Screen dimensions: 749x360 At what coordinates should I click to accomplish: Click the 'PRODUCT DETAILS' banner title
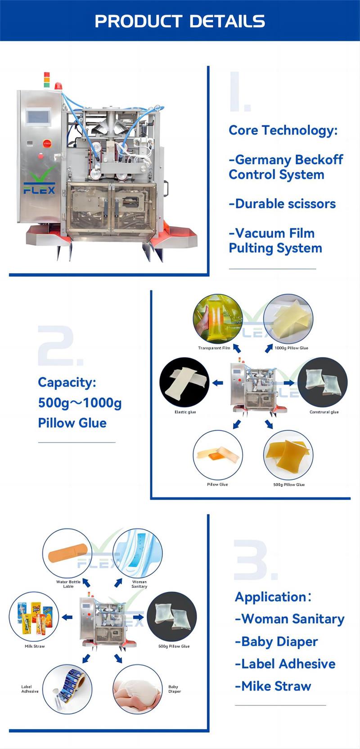tap(180, 21)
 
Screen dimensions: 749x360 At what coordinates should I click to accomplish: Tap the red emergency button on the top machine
tap(47, 144)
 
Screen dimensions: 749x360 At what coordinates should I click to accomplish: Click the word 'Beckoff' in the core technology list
tap(318, 160)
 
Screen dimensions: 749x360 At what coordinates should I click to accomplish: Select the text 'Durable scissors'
tap(283, 204)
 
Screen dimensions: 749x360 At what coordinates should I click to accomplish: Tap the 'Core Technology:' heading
tap(283, 131)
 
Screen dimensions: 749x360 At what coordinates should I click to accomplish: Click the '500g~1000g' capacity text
tap(80, 403)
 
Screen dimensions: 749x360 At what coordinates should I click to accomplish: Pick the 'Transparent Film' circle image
tap(217, 319)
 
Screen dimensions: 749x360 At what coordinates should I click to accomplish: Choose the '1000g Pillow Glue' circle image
tap(288, 319)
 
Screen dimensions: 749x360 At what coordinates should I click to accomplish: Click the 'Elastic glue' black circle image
tap(184, 383)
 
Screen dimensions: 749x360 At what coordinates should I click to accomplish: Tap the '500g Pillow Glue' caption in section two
tap(289, 485)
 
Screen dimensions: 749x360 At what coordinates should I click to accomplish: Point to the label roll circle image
tap(67, 689)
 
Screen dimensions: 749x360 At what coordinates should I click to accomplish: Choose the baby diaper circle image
tap(137, 689)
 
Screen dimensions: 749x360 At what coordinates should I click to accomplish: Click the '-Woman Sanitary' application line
tap(290, 619)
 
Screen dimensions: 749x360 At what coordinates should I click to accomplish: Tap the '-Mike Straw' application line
tap(273, 686)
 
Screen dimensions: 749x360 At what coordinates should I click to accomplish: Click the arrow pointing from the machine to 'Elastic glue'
tap(218, 383)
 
